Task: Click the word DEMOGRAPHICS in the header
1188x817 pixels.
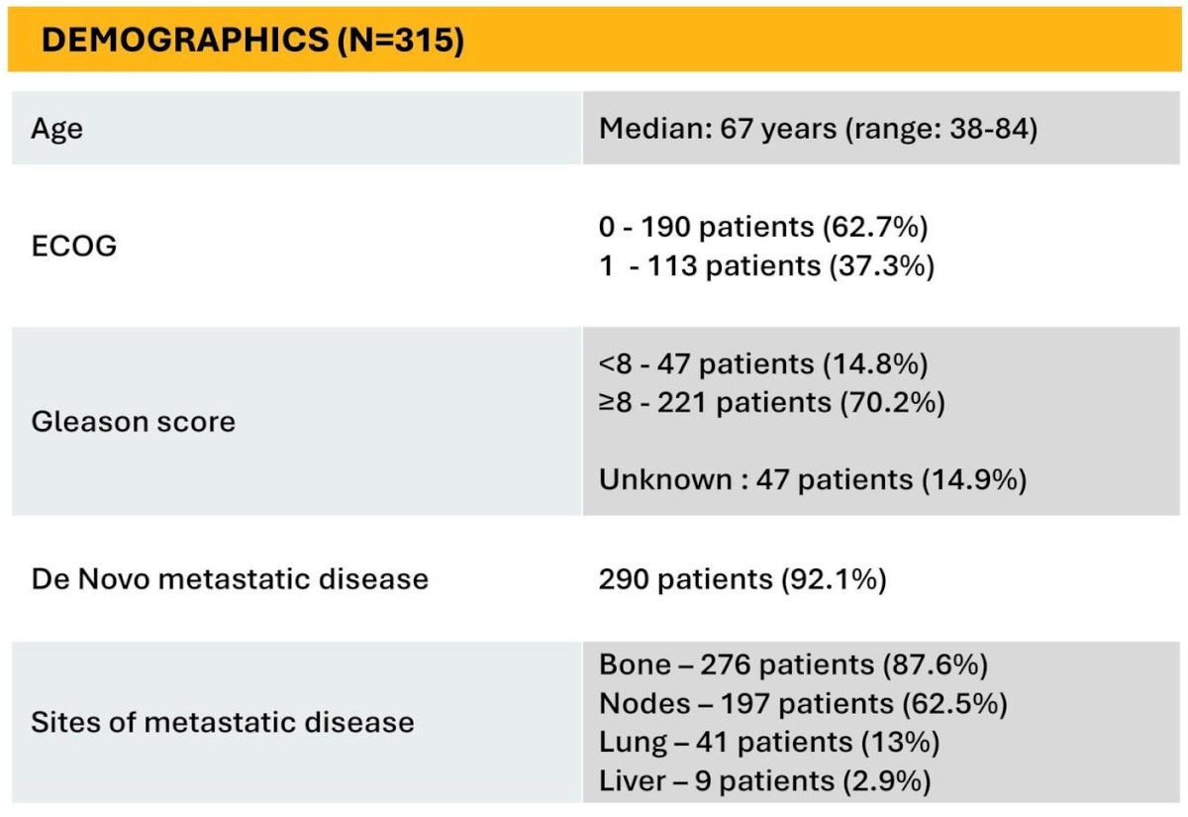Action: click(x=185, y=40)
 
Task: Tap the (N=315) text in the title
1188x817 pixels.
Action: click(x=400, y=41)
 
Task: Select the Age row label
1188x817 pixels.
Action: click(x=56, y=130)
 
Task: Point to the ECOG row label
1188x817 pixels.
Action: click(x=73, y=247)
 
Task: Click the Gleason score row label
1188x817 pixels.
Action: click(x=133, y=422)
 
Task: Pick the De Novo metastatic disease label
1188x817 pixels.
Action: click(x=230, y=578)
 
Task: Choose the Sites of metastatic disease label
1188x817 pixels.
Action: click(x=223, y=723)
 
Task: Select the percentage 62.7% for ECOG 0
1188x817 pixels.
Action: click(x=875, y=227)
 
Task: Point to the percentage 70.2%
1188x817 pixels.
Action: click(x=893, y=402)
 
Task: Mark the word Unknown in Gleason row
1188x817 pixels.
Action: click(x=665, y=479)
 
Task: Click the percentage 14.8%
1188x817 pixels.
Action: click(x=875, y=364)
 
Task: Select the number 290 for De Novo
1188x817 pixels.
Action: click(x=624, y=578)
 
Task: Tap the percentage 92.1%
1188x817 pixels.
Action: click(x=835, y=578)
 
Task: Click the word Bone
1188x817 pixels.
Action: click(x=635, y=664)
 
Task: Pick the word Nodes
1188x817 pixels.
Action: click(x=644, y=704)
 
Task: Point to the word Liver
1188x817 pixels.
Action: click(x=633, y=781)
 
